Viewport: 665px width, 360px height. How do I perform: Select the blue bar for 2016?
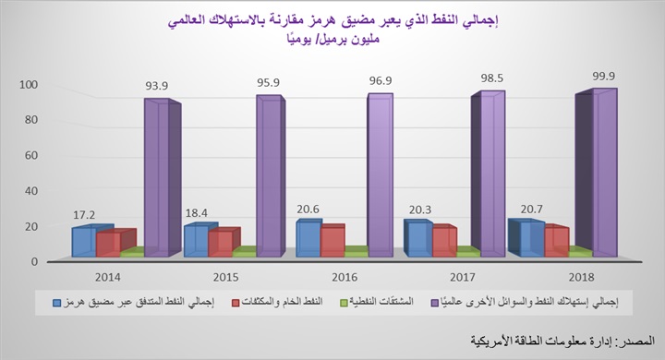[307, 239]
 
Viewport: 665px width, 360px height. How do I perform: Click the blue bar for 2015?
[196, 240]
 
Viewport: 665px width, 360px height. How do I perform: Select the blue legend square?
[57, 301]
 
